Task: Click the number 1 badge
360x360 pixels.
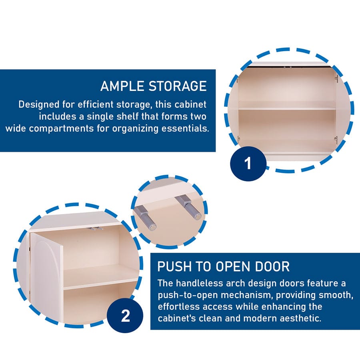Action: (x=248, y=164)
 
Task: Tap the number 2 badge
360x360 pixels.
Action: (x=125, y=316)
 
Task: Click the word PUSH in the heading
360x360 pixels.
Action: (x=172, y=266)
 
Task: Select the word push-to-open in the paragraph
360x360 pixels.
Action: (x=184, y=295)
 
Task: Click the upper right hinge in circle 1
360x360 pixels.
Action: (x=336, y=78)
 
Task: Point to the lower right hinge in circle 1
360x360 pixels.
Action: (x=336, y=140)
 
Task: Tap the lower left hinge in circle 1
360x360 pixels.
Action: (x=238, y=139)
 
